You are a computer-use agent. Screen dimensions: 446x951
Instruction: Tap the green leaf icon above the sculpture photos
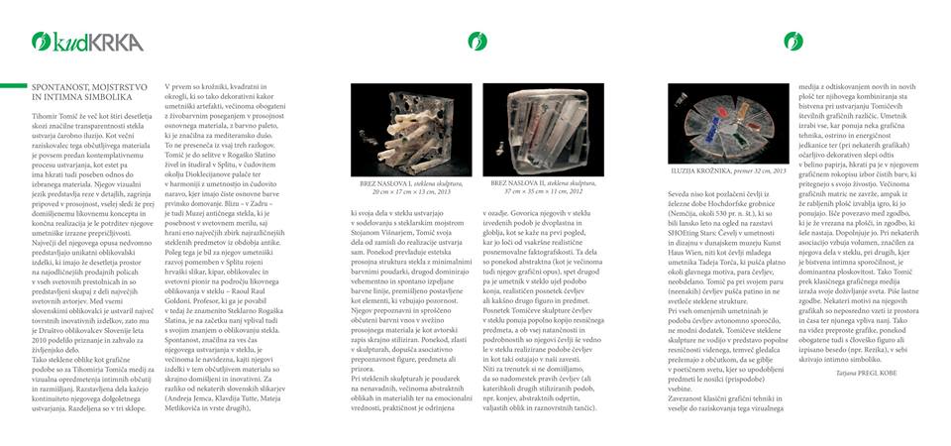click(x=478, y=41)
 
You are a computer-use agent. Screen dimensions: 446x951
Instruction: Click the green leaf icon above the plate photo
click(x=792, y=41)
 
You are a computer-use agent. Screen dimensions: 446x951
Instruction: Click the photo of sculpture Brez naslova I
click(x=412, y=130)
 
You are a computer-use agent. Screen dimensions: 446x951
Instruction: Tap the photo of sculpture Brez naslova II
click(x=543, y=130)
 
